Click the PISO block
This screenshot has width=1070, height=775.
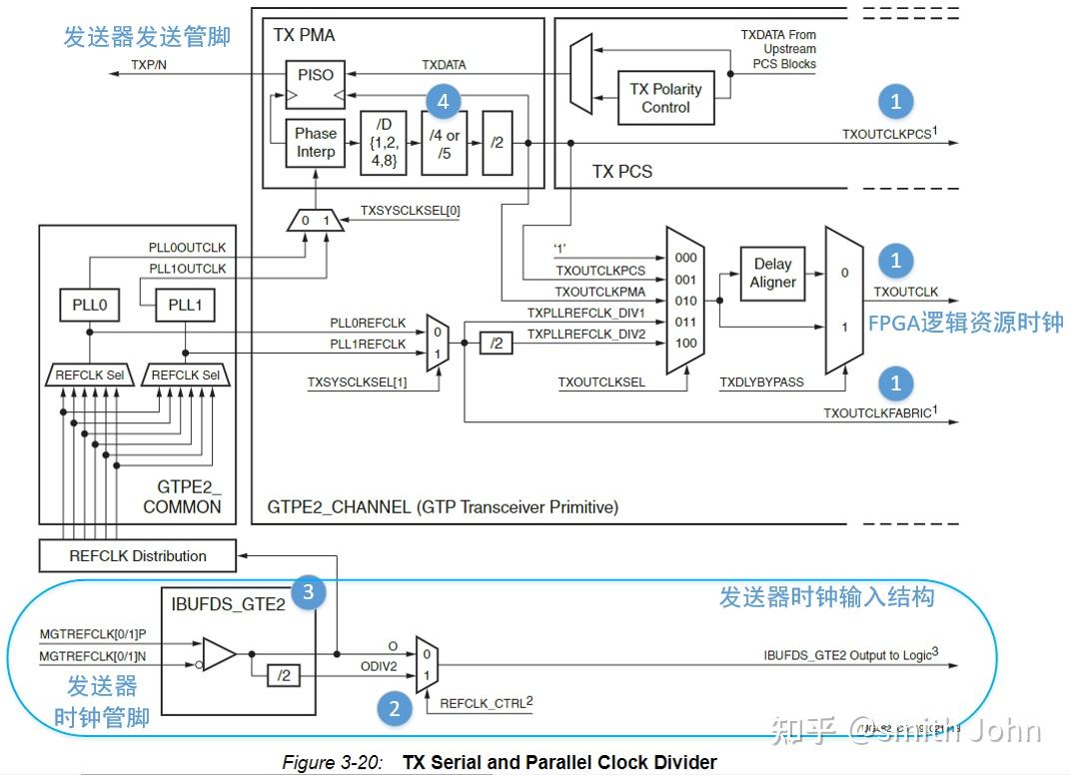pyautogui.click(x=316, y=76)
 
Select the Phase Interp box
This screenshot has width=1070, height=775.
pyautogui.click(x=316, y=143)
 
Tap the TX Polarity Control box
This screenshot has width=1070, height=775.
pyautogui.click(x=665, y=98)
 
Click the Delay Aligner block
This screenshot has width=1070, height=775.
pyautogui.click(x=772, y=273)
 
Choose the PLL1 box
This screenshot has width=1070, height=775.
pyautogui.click(x=185, y=304)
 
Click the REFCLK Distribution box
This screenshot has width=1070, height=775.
pyautogui.click(x=138, y=555)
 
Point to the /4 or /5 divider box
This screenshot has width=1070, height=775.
pyautogui.click(x=445, y=143)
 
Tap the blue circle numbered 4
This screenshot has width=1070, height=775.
pyautogui.click(x=443, y=101)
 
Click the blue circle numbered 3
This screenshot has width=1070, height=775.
pyautogui.click(x=308, y=592)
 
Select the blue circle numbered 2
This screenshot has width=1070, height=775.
pyautogui.click(x=395, y=709)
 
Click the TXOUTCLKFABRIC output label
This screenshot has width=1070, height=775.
pyautogui.click(x=880, y=411)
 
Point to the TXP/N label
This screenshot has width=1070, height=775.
pyautogui.click(x=151, y=65)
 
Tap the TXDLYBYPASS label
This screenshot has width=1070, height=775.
pyautogui.click(x=761, y=382)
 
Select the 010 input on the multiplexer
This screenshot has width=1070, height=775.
pyautogui.click(x=685, y=301)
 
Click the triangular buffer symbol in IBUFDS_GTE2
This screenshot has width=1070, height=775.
pyautogui.click(x=219, y=655)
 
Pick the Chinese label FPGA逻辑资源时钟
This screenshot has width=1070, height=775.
pyautogui.click(x=965, y=322)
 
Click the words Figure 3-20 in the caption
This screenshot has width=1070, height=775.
pyautogui.click(x=331, y=763)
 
